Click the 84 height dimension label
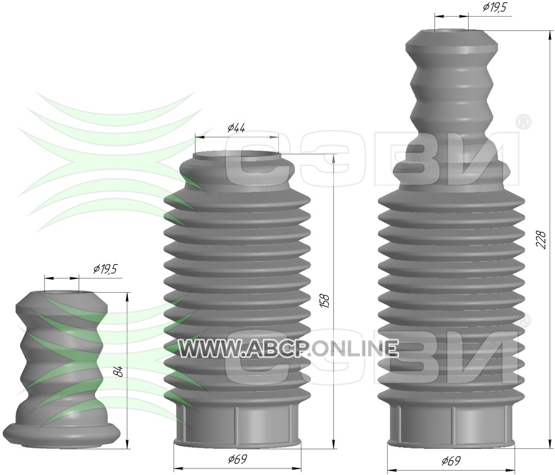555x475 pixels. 120,371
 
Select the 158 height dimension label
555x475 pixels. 325,301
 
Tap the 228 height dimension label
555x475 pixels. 542,240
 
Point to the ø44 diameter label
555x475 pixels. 236,128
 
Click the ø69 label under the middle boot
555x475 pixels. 237,459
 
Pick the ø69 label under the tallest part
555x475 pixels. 451,461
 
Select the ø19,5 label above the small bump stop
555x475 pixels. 105,270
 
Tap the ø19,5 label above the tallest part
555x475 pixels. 494,7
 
